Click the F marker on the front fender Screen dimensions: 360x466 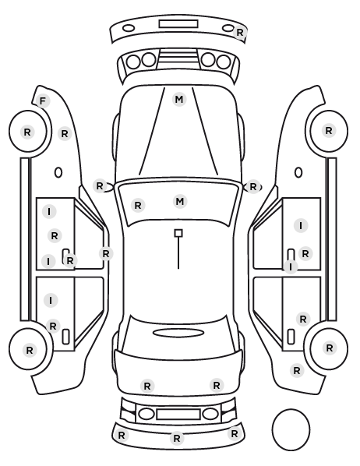coord(43,101)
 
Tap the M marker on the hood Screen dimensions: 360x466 coord(179,99)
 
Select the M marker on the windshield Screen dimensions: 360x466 coord(180,202)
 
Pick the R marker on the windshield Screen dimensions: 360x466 coord(138,205)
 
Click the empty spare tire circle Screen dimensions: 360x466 coord(291,429)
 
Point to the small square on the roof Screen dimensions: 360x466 coord(178,233)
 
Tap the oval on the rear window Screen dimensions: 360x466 coord(178,334)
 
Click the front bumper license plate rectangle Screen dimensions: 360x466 coord(178,24)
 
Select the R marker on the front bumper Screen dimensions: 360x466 coord(239,32)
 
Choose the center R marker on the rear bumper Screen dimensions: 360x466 coord(177,438)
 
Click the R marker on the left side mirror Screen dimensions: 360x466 coord(100,186)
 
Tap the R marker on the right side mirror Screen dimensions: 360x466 coord(253,187)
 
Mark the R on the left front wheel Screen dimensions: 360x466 coord(27,132)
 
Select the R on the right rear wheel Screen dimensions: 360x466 coord(329,348)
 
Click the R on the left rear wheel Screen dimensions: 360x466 coord(30,351)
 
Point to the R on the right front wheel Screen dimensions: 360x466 coord(329,130)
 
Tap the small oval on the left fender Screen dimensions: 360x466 coord(58,172)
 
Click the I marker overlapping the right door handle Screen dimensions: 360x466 coord(291,267)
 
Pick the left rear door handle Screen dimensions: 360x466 coord(65,337)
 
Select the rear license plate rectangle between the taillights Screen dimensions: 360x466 coord(178,415)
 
